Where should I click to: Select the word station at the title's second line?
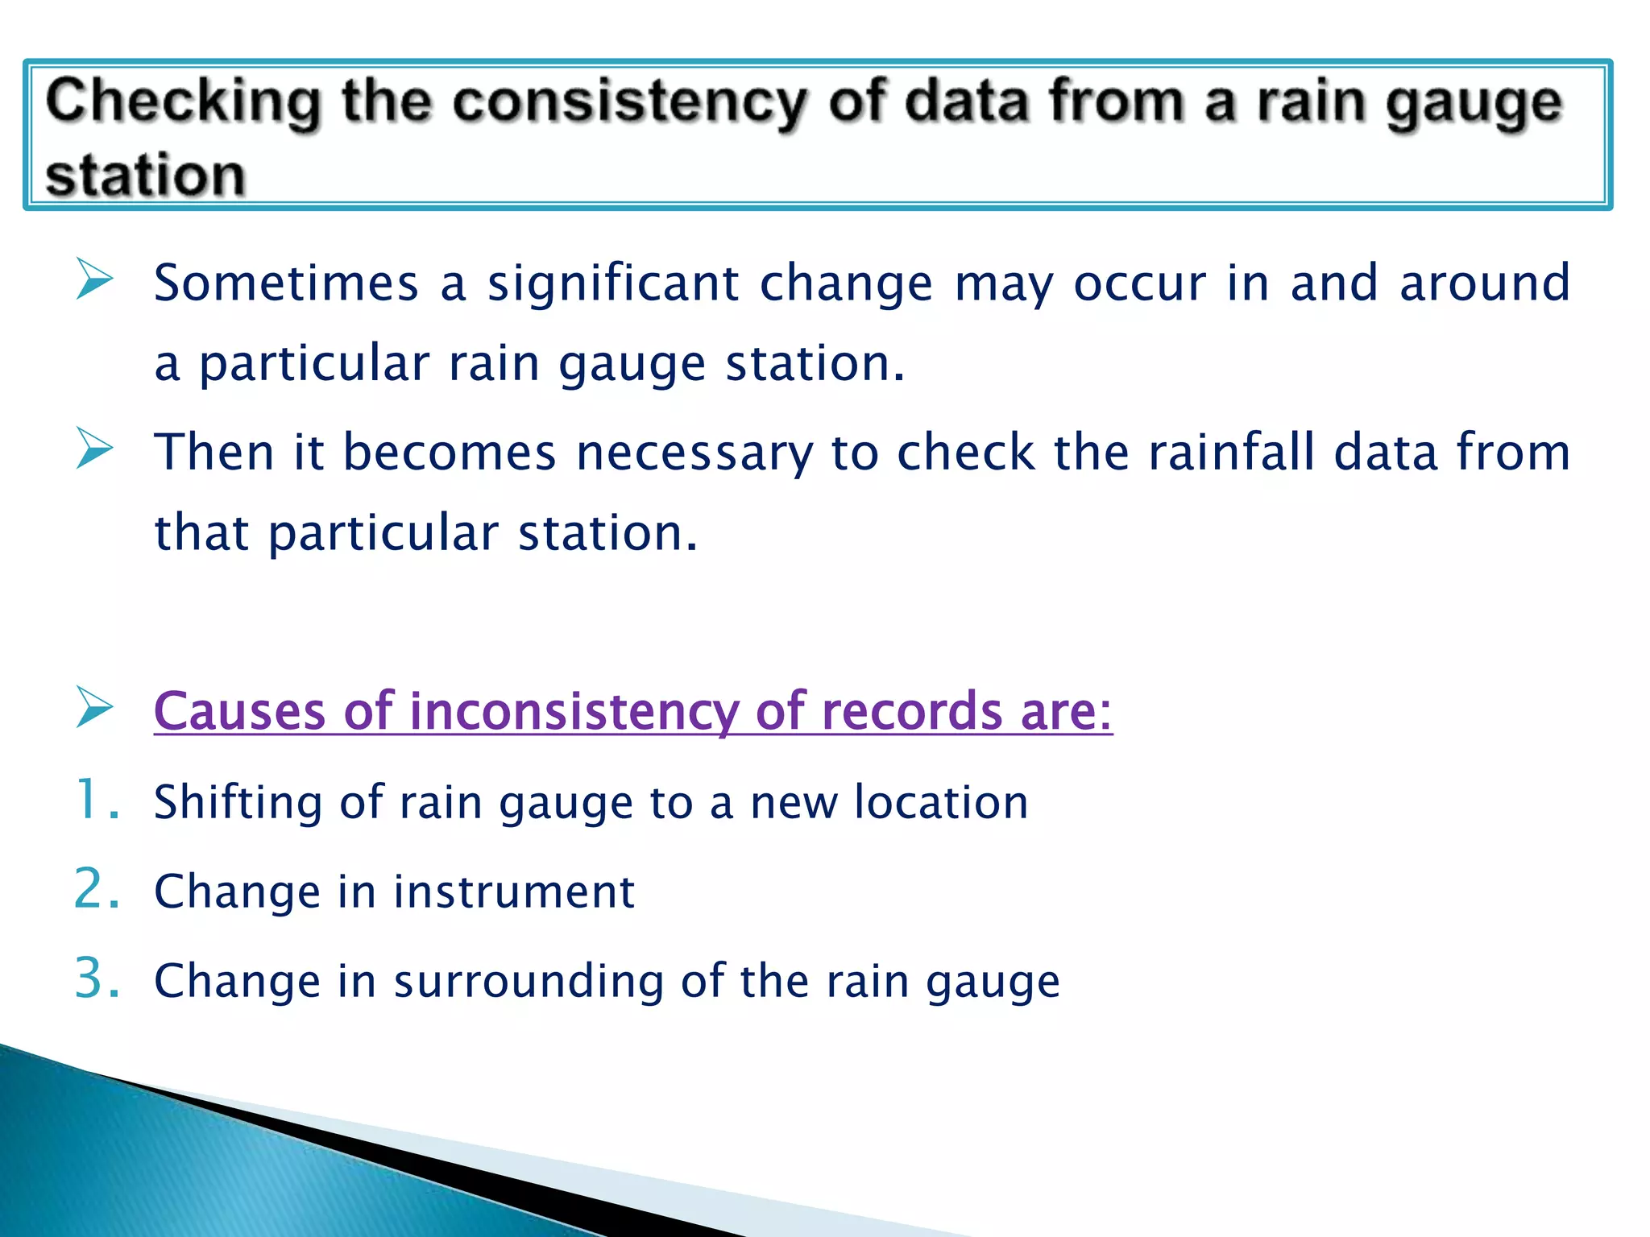(145, 176)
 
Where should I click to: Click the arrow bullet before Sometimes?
(95, 279)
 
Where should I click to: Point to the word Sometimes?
(286, 283)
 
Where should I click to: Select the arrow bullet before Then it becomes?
(95, 449)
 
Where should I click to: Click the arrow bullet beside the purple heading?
(95, 707)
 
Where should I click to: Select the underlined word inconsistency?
(574, 712)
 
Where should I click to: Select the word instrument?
(514, 892)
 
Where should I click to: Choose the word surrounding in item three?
(528, 983)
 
